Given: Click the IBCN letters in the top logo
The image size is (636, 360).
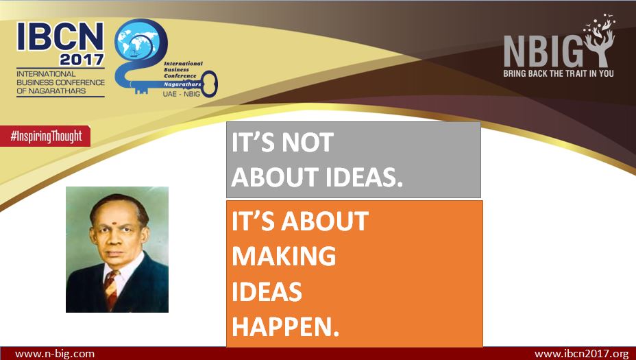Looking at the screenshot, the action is (60, 36).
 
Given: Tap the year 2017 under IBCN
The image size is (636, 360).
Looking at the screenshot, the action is (82, 60).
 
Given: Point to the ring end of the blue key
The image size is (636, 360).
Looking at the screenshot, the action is (210, 84).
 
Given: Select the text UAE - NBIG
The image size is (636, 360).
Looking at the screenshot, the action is (182, 94).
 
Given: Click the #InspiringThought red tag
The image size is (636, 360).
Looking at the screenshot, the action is (45, 136).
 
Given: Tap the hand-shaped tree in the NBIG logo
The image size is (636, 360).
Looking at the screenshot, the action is (600, 40).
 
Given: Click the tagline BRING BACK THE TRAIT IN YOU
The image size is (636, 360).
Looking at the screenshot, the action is (558, 73).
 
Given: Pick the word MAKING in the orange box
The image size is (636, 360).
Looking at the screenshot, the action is (284, 256).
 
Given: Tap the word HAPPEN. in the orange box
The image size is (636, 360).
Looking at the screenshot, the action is (286, 326).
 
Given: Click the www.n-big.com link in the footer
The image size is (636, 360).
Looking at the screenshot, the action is (55, 354).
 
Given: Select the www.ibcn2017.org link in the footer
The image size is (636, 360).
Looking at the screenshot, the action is (582, 354).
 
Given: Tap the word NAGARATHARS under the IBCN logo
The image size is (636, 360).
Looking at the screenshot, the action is (57, 91).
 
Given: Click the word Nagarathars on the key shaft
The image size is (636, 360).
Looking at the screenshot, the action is (182, 84).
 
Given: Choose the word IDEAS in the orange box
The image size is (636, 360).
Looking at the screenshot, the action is (267, 291).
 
